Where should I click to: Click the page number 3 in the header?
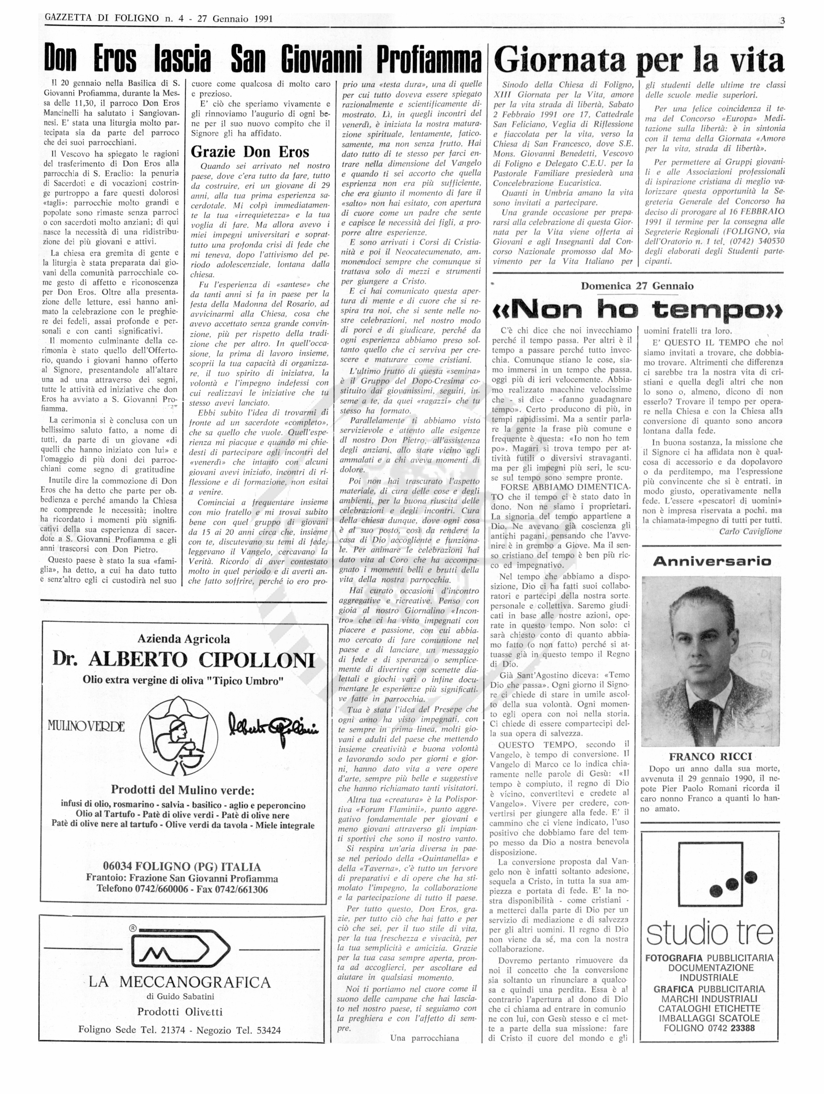point(782,20)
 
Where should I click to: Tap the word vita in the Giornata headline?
point(758,61)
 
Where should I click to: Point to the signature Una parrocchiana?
point(424,1038)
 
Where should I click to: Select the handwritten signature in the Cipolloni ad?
point(273,725)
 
